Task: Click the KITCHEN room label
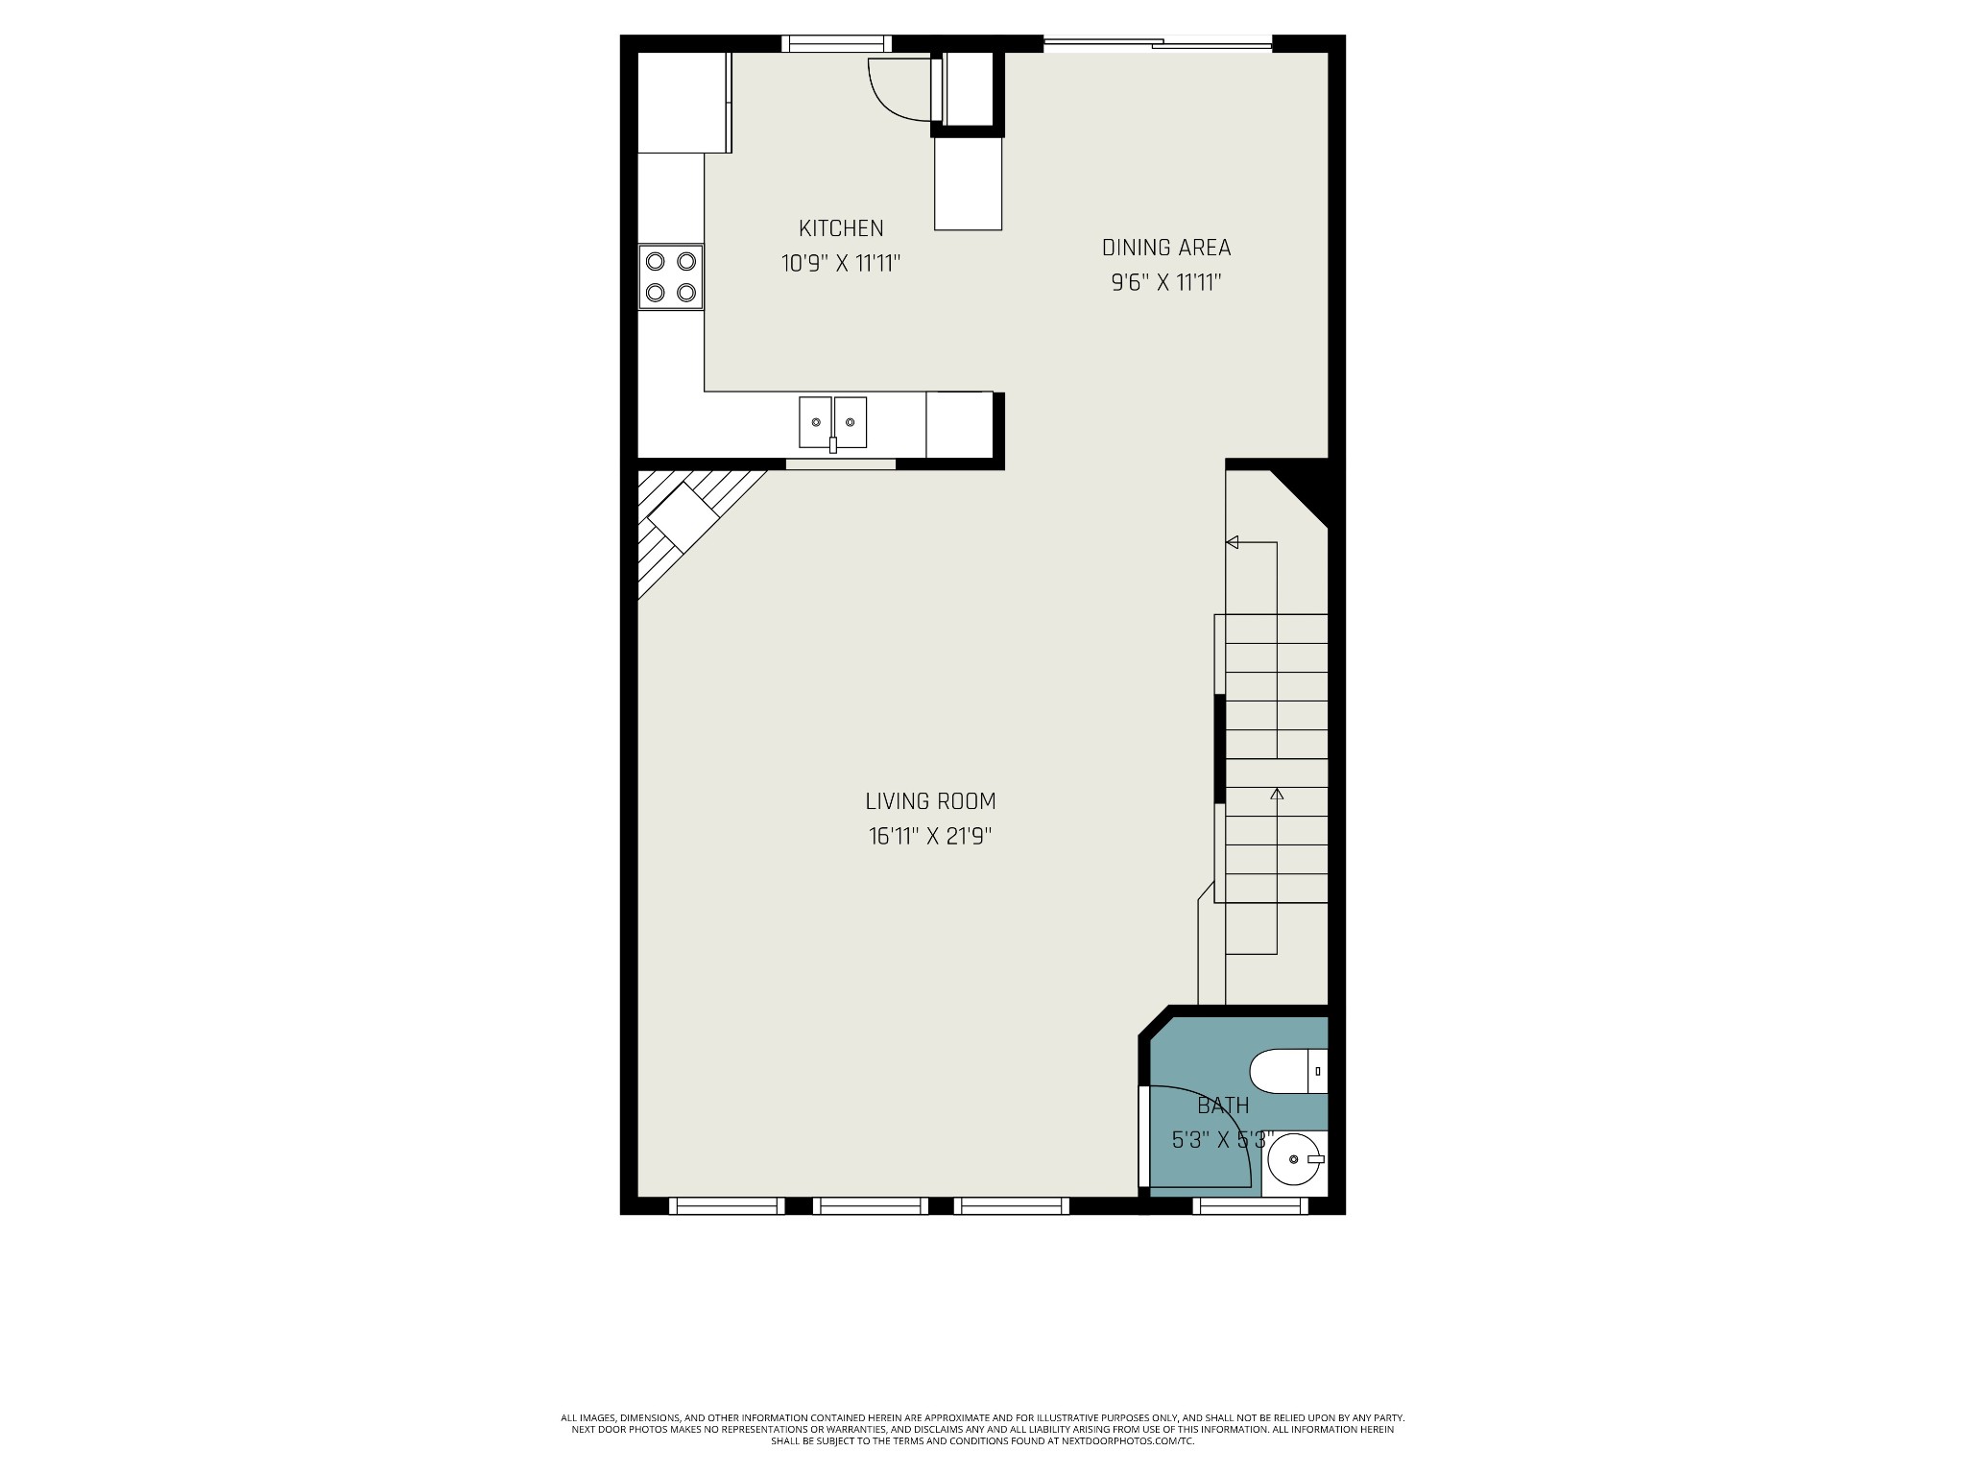point(841,228)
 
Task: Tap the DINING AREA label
point(1166,248)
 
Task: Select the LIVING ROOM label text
point(930,801)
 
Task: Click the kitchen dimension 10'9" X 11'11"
point(841,263)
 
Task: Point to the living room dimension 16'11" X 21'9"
point(930,836)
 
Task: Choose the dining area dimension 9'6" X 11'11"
point(1166,282)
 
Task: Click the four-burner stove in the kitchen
point(671,276)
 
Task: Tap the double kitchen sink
point(833,422)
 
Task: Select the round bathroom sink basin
point(1293,1159)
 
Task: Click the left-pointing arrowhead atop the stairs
point(1233,542)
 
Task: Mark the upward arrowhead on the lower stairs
point(1277,794)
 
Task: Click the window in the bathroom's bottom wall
point(1250,1206)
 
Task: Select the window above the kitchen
point(836,43)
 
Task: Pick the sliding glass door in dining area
point(1158,42)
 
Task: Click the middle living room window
point(871,1206)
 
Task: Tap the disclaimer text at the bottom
point(983,1456)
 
